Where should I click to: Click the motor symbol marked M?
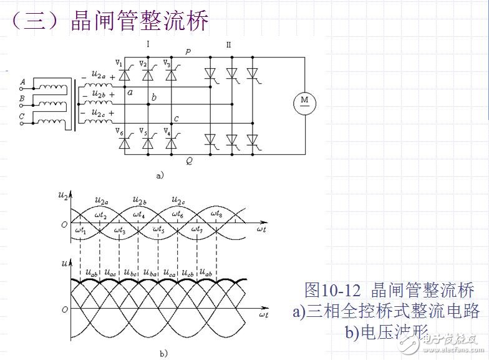tap(305, 101)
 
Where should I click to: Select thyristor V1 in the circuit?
tap(124, 75)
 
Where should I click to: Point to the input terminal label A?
tap(22, 82)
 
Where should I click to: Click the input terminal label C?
tap(22, 116)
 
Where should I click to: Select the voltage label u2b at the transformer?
tap(99, 93)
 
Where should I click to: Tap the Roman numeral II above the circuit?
tap(228, 44)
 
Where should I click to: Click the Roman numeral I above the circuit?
tap(148, 44)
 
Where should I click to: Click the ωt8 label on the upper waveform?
tap(216, 215)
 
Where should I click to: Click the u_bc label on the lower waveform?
tap(130, 273)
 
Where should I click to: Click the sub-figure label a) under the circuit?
tap(160, 176)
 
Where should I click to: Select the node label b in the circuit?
tap(154, 97)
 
